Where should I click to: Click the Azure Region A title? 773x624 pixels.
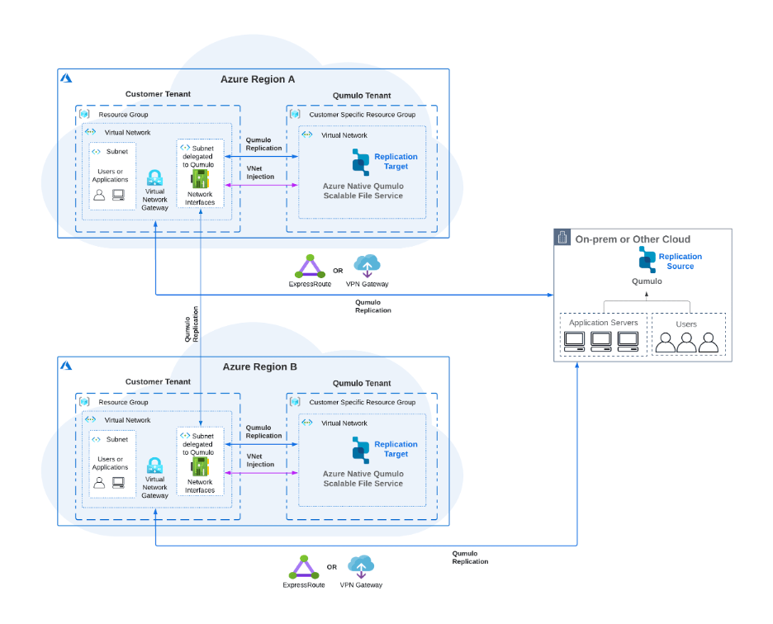258,79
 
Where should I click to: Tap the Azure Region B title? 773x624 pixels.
258,366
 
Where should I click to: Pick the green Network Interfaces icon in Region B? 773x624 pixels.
199,466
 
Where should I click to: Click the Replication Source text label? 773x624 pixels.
680,262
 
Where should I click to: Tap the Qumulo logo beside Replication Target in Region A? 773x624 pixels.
361,162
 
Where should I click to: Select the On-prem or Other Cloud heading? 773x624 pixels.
633,239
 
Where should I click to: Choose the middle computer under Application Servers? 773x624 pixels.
601,341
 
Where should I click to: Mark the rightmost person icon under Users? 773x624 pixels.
709,343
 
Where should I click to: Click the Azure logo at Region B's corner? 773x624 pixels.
66,364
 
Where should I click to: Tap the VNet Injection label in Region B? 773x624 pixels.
260,460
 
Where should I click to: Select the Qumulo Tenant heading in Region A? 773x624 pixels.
362,96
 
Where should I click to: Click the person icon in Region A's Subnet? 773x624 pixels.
99,196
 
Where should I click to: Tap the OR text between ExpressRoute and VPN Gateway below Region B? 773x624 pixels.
332,567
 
